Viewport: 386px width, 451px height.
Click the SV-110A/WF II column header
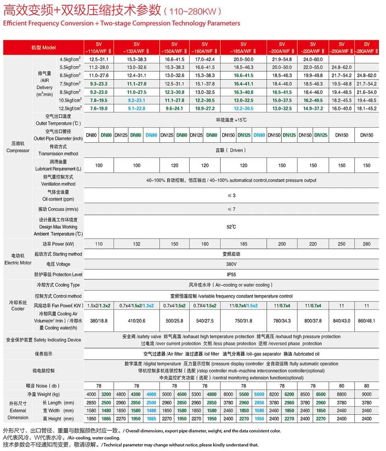99,48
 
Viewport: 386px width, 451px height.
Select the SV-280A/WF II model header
366,48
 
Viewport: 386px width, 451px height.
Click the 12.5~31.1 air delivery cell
99,59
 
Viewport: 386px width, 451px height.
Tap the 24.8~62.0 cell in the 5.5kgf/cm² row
341,67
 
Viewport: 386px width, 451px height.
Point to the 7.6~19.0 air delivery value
99,108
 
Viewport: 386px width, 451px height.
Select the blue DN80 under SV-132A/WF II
152,135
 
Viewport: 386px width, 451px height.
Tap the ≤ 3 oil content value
231,195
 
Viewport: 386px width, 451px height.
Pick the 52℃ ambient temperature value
231,227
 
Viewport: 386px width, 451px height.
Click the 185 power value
243,244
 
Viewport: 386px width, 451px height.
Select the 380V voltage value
231,264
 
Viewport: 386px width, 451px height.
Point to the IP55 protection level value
231,274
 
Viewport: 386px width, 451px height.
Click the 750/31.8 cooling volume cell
243,320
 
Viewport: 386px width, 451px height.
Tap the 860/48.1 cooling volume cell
366,320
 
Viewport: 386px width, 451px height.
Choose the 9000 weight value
366,394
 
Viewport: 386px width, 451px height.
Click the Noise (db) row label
43,386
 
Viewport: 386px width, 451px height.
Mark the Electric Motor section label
18,259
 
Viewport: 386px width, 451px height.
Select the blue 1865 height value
152,418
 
